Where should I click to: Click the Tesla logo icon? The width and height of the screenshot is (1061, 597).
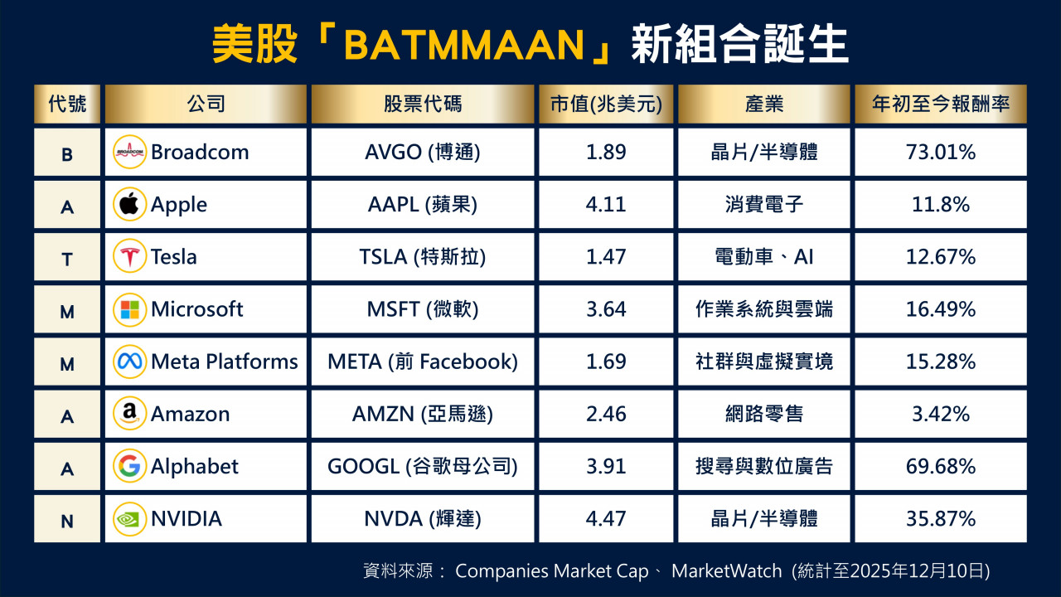pyautogui.click(x=129, y=256)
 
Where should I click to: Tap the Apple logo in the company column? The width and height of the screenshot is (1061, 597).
pyautogui.click(x=129, y=204)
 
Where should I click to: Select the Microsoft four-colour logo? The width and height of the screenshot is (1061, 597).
pyautogui.click(x=129, y=309)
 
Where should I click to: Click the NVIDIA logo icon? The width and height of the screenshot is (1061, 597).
pyautogui.click(x=129, y=519)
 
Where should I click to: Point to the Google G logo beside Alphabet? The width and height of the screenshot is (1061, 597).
pyautogui.click(x=129, y=466)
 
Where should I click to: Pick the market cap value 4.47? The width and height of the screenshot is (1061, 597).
pyautogui.click(x=606, y=519)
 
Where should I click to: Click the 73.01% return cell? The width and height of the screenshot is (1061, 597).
pyautogui.click(x=941, y=152)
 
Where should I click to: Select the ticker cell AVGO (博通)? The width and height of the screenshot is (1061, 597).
pyautogui.click(x=423, y=152)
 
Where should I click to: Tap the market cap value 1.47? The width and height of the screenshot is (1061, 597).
pyautogui.click(x=606, y=257)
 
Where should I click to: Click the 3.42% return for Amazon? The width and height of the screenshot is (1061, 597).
pyautogui.click(x=941, y=414)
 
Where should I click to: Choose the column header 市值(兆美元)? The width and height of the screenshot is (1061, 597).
pyautogui.click(x=606, y=104)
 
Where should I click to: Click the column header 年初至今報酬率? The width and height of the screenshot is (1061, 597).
pyautogui.click(x=941, y=104)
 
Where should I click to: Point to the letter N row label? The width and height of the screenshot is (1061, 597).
pyautogui.click(x=67, y=522)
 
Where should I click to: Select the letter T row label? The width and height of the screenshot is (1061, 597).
pyautogui.click(x=67, y=260)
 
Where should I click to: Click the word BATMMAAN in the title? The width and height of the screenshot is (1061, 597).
pyautogui.click(x=464, y=45)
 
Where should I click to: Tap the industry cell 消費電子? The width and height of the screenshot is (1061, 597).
pyautogui.click(x=764, y=205)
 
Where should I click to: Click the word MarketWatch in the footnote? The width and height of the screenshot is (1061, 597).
pyautogui.click(x=727, y=571)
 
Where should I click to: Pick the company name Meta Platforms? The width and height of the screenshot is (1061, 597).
pyautogui.click(x=225, y=362)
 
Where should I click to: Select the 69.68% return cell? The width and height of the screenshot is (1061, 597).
pyautogui.click(x=941, y=467)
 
